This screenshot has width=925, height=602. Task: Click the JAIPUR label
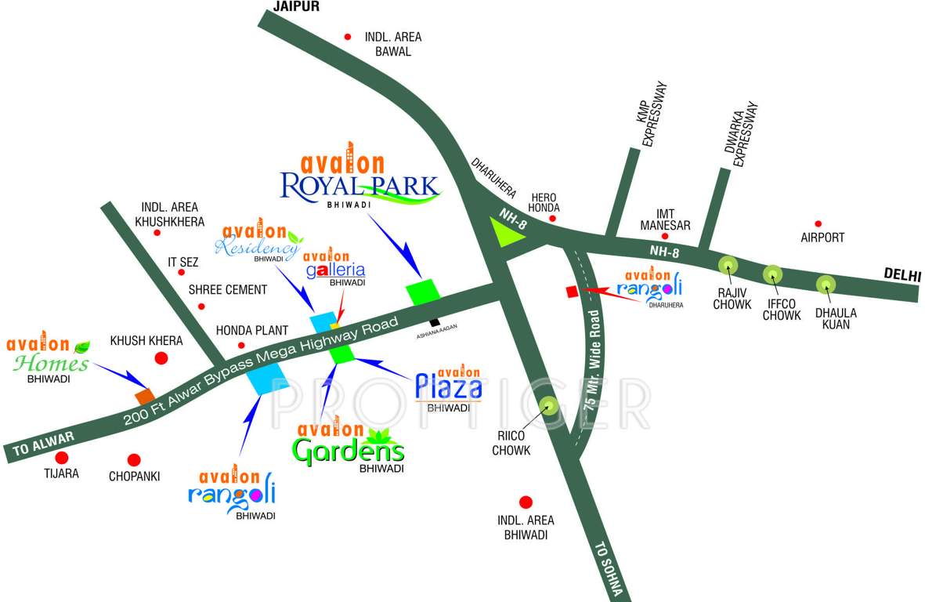297,6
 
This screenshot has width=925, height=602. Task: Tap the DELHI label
902,275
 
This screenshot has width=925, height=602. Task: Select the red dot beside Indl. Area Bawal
348,36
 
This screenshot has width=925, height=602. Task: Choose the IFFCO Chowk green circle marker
773,274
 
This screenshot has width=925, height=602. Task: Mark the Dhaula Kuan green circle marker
826,284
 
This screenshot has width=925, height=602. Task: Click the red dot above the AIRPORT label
818,223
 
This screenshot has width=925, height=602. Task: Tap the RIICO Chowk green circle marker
548,406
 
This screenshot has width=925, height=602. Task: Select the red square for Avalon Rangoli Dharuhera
572,292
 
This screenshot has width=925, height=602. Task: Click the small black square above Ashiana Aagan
434,321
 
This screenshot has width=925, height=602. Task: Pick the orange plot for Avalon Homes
144,396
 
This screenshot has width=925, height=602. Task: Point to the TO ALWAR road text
42,444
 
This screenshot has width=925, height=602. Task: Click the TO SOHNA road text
606,570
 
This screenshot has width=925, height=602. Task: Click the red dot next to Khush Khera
161,359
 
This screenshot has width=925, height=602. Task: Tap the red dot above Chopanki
134,460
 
